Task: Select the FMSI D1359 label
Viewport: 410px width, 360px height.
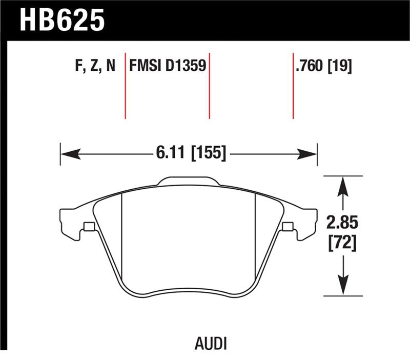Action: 168,66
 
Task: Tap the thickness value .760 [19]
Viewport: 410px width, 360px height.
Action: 323,66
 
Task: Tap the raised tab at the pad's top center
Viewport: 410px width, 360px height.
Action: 189,181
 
